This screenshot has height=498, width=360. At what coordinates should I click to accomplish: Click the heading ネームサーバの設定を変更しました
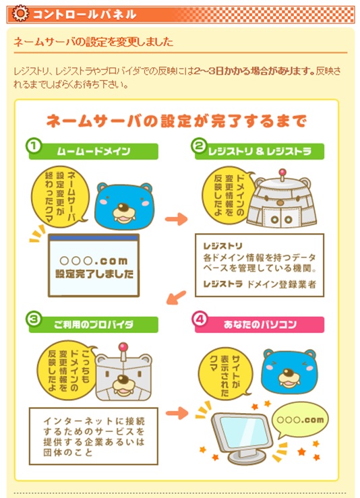click(x=93, y=42)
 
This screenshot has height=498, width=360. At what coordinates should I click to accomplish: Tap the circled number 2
click(x=198, y=146)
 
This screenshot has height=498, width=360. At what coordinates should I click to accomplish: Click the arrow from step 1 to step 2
click(x=176, y=219)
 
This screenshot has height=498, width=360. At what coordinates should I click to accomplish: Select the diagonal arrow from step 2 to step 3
click(x=177, y=297)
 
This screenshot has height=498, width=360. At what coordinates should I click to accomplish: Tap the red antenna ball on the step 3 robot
click(x=123, y=347)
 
